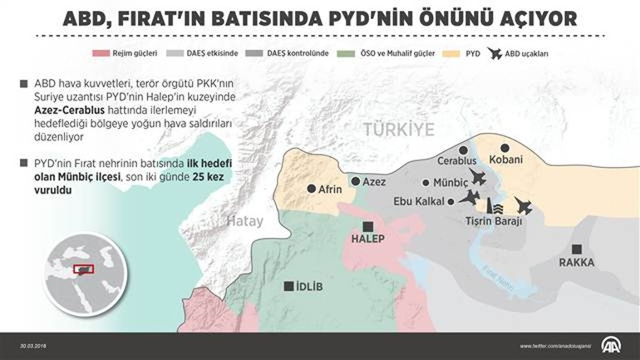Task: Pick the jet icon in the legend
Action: click(x=495, y=54)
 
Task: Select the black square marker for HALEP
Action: click(x=368, y=226)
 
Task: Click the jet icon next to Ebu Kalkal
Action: click(x=470, y=198)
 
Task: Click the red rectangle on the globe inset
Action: click(x=84, y=269)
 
